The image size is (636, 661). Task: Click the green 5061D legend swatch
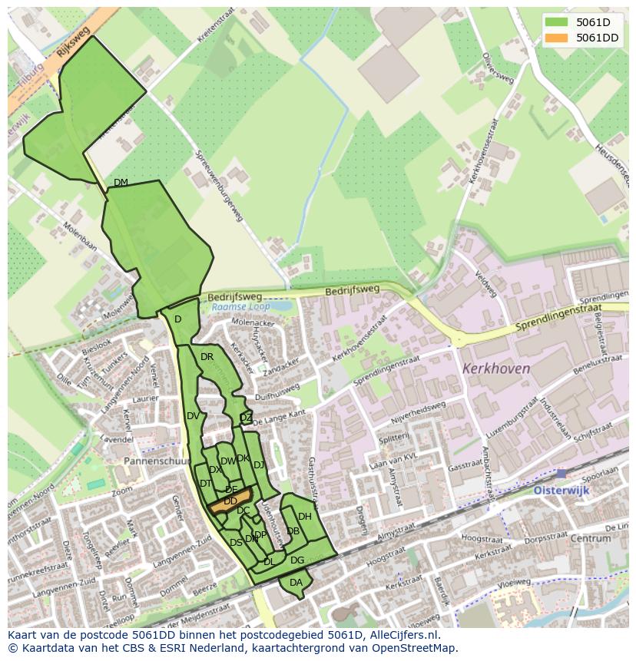558,22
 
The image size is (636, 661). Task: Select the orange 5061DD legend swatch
558,38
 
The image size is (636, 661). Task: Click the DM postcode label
121,182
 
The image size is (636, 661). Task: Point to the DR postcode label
207,357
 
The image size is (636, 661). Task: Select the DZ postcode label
246,418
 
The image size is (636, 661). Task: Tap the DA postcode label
296,583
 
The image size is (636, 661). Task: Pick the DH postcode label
305,517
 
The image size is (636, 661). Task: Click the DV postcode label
193,416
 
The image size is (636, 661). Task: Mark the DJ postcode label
259,464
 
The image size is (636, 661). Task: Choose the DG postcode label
297,560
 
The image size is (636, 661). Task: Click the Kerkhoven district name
496,369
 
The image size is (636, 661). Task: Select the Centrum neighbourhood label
590,538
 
